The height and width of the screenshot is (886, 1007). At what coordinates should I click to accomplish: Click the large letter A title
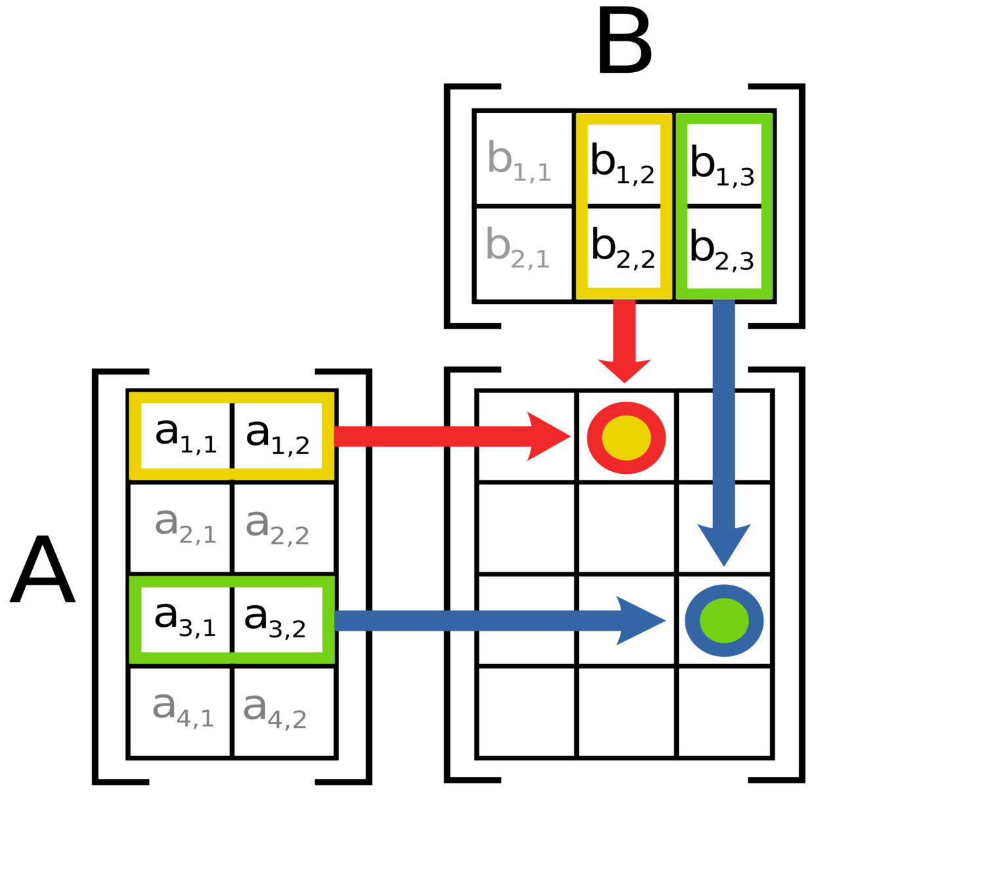[x=43, y=570]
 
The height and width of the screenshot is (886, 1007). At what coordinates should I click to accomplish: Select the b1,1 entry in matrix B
[x=519, y=161]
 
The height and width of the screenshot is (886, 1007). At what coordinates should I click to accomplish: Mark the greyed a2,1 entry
[x=185, y=526]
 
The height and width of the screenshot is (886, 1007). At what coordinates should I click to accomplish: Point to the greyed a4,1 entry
[x=182, y=709]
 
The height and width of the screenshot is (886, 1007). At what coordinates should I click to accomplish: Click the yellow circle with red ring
[x=626, y=438]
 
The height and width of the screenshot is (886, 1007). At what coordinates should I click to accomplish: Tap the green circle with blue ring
[x=724, y=620]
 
